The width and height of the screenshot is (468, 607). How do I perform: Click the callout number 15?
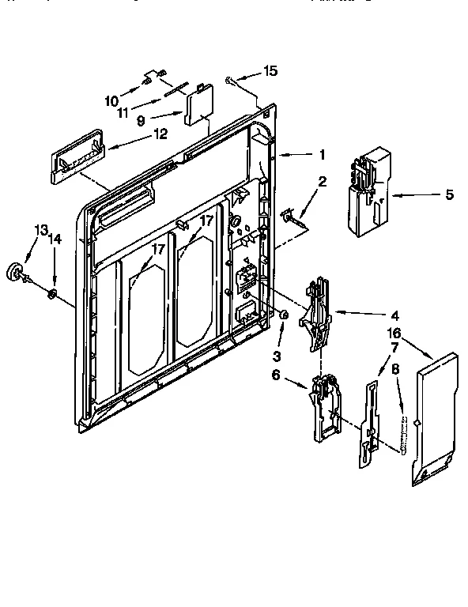[270, 72]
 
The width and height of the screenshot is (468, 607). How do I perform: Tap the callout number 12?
[160, 134]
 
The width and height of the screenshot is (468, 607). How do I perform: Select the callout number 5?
[449, 194]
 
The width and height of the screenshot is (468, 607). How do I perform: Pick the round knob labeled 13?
[17, 272]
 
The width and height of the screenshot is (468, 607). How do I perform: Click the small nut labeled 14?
[51, 295]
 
